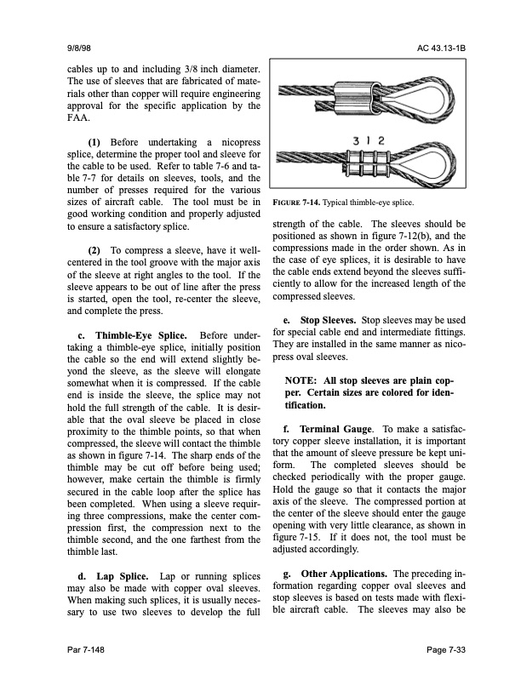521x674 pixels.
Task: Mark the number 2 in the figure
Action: [382, 140]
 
